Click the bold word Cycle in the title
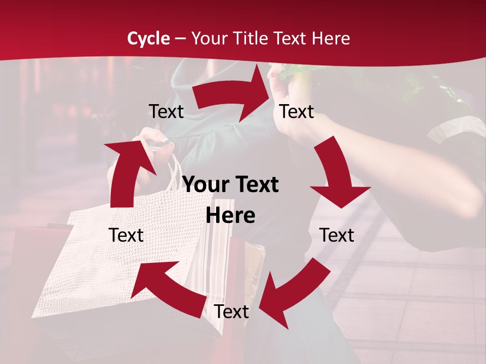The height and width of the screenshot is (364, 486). [148, 38]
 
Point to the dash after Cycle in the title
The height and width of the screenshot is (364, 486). [180, 39]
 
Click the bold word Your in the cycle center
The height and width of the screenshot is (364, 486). [205, 185]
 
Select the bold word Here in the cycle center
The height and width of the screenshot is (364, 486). [230, 215]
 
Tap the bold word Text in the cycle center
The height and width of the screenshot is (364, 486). [257, 185]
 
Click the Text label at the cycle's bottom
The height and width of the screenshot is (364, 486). [231, 312]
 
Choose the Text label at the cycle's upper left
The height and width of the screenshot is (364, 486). [166, 112]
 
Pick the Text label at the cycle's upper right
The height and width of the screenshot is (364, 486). [297, 112]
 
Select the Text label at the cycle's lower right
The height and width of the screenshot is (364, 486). [337, 235]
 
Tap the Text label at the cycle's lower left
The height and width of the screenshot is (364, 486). [127, 235]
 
